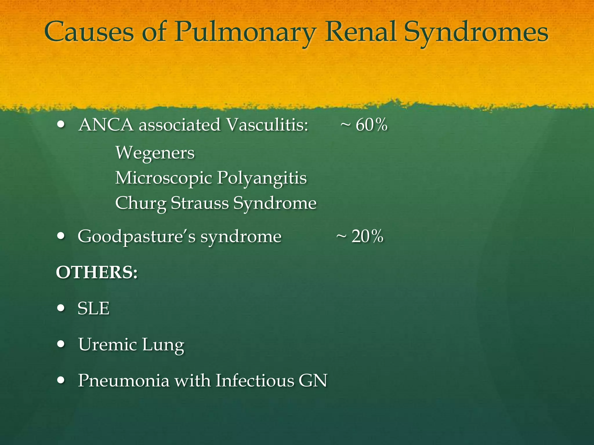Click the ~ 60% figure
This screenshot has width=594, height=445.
click(x=364, y=125)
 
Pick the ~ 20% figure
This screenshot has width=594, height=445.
click(x=360, y=236)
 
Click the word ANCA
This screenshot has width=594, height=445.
click(x=106, y=125)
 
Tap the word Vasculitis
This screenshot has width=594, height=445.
click(x=267, y=125)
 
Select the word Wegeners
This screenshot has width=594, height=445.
click(x=155, y=153)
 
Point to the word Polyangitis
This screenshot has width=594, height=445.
click(x=262, y=178)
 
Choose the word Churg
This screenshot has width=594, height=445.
click(x=140, y=203)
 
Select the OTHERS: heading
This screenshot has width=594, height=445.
click(x=97, y=272)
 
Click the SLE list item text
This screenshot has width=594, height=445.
click(x=93, y=308)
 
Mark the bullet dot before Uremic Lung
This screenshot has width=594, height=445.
click(x=61, y=344)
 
